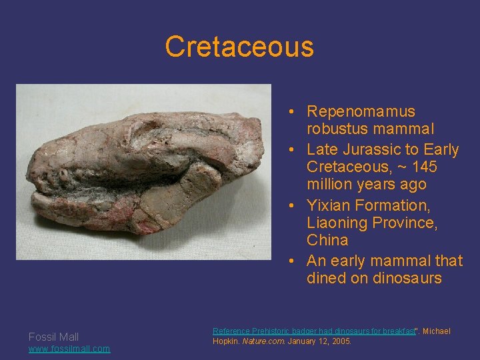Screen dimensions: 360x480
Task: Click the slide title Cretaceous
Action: click(239, 47)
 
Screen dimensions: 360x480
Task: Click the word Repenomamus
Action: click(361, 111)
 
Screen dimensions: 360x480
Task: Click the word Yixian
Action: click(328, 205)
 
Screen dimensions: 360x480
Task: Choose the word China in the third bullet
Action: click(327, 240)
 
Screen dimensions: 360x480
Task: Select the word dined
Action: click(326, 278)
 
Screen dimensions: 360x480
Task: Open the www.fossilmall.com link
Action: click(69, 349)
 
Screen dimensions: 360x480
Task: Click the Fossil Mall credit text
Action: click(53, 337)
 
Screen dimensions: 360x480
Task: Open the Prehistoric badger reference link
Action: click(313, 331)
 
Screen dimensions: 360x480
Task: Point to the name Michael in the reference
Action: click(437, 331)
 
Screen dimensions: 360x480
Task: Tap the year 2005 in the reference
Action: click(339, 341)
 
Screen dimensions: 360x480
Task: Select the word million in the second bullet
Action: click(331, 184)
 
